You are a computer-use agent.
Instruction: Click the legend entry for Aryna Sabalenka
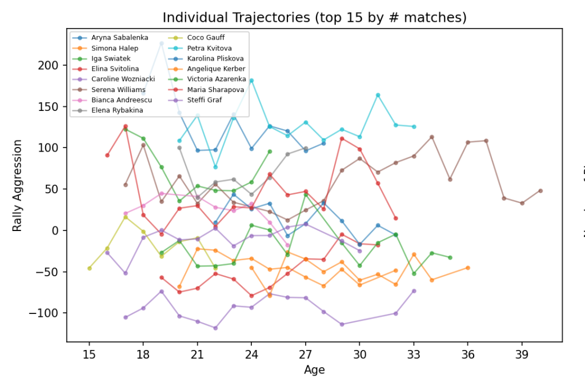[115, 38]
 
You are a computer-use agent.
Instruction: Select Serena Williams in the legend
[115, 89]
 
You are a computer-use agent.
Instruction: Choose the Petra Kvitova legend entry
[212, 48]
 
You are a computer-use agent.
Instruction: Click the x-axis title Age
[314, 369]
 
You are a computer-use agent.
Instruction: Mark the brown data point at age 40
[540, 191]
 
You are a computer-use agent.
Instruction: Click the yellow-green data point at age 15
[89, 268]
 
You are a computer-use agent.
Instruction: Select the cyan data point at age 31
[378, 95]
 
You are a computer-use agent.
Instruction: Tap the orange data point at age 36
[468, 268]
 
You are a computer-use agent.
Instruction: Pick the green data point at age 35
[450, 257]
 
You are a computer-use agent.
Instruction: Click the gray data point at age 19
[161, 43]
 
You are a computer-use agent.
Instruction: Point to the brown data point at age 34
[432, 137]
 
